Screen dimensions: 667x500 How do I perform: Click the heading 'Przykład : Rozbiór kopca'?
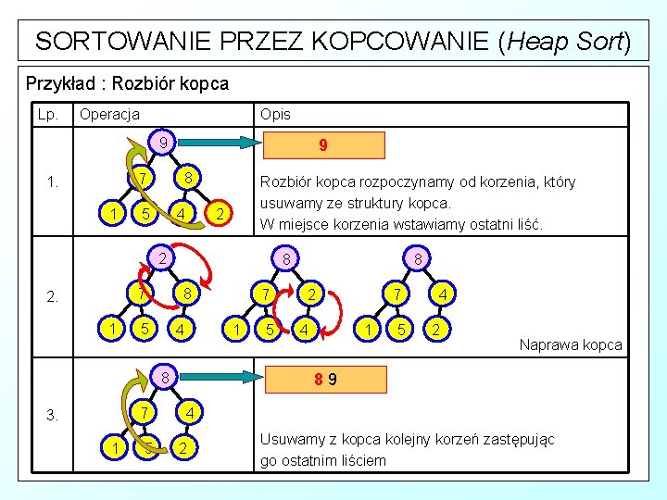127,83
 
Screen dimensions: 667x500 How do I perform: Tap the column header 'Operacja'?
109,114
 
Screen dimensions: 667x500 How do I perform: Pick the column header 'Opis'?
275,114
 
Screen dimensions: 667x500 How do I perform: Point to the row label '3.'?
55,414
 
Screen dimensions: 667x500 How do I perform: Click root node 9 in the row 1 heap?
162,144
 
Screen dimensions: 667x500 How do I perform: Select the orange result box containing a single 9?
322,146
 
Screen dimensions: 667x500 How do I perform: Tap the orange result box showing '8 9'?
322,379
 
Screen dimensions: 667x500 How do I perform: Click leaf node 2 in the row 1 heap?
218,214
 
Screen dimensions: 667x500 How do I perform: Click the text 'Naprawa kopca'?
571,345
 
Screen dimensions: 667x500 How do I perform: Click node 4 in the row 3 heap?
187,410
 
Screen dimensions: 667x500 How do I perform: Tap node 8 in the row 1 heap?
187,177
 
